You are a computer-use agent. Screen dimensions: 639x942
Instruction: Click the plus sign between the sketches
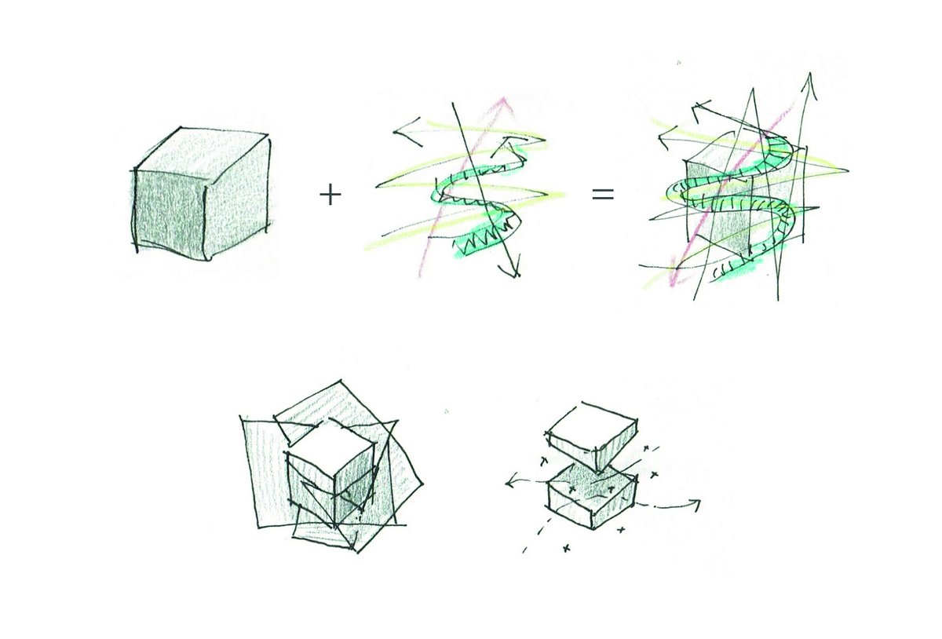[330, 195]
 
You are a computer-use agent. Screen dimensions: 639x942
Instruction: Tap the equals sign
[602, 194]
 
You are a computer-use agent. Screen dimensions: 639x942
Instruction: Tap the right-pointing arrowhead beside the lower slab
[695, 502]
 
